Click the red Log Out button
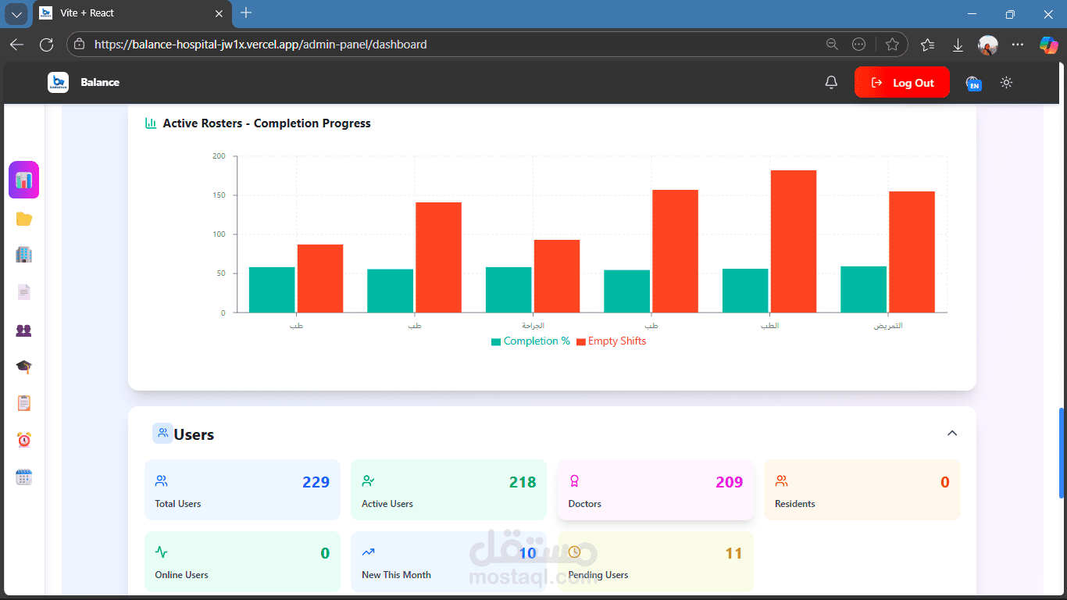tap(902, 83)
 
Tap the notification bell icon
tap(832, 83)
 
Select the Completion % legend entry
tap(530, 341)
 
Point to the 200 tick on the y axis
tap(219, 156)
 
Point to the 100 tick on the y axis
tap(219, 234)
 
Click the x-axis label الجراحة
tap(533, 326)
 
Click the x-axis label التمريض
tap(888, 326)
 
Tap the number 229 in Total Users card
tap(316, 482)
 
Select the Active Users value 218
tap(523, 482)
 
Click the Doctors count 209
tap(729, 482)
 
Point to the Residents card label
tap(794, 504)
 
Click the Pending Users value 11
tap(733, 554)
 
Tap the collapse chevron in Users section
tap(952, 434)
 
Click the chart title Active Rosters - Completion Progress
tap(266, 123)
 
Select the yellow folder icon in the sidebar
tap(24, 220)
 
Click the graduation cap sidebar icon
tap(24, 366)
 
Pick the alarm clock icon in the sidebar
tap(24, 441)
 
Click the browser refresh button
tap(46, 45)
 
